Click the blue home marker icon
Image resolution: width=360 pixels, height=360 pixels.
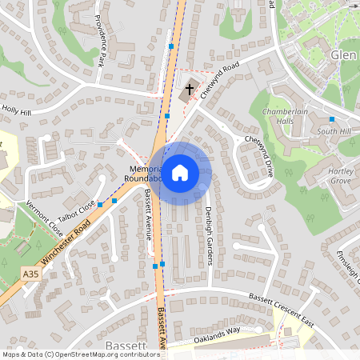[x=180, y=172]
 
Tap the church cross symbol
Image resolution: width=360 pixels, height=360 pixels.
[x=190, y=90]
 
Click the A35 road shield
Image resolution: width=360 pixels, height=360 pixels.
[x=30, y=274]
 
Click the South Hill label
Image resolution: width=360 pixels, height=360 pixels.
[x=333, y=130]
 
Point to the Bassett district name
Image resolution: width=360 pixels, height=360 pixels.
[x=126, y=346]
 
